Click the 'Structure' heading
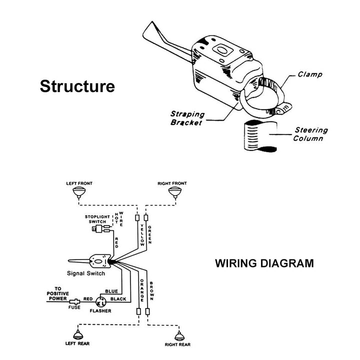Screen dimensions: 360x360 (x=77, y=86)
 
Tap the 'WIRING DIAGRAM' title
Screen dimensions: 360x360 (x=264, y=262)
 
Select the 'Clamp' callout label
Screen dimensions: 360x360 (x=310, y=74)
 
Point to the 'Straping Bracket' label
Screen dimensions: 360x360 (x=186, y=118)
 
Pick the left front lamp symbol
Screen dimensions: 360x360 (x=79, y=192)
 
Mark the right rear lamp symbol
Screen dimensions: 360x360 (x=177, y=334)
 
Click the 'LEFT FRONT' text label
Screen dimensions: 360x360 (x=79, y=183)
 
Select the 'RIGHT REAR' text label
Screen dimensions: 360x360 (x=177, y=344)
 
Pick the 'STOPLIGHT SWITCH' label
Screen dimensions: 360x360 (x=98, y=218)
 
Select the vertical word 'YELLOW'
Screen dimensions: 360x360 (x=142, y=234)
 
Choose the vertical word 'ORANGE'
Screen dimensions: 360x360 (x=142, y=290)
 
